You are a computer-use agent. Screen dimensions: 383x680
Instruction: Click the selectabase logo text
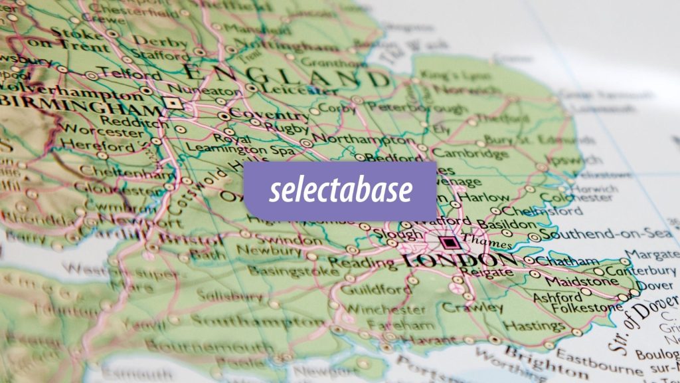tap(340, 191)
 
